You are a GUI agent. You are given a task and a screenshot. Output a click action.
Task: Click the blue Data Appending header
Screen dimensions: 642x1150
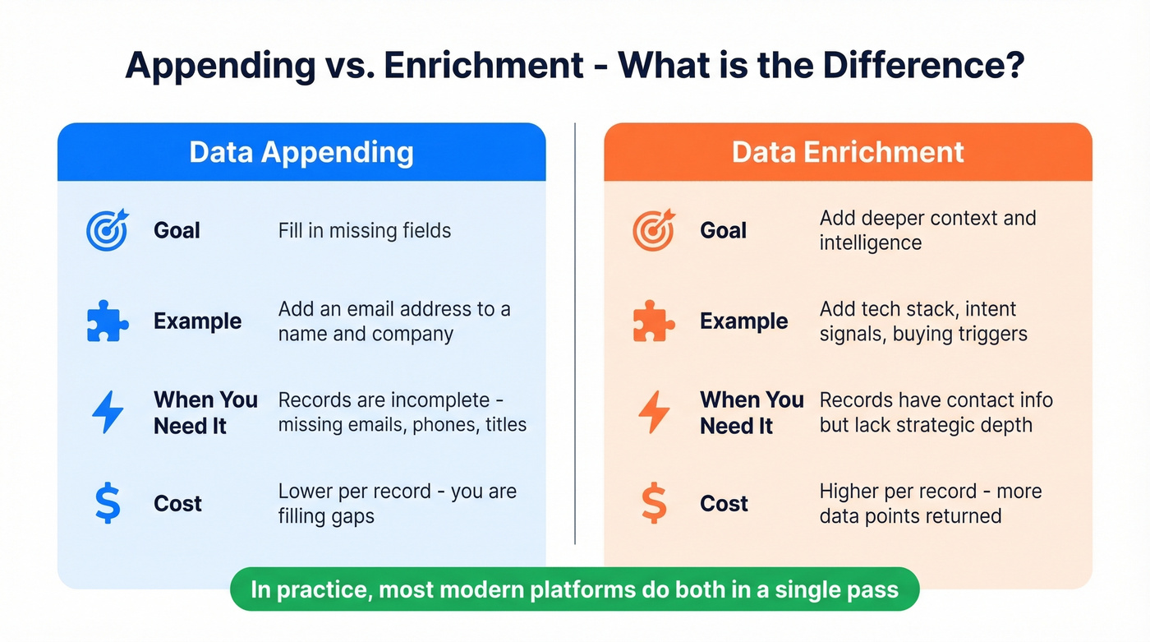[301, 152]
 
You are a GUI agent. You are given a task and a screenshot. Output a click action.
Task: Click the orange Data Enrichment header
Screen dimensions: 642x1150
[848, 152]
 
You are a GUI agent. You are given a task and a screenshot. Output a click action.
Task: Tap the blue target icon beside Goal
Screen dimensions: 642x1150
[108, 230]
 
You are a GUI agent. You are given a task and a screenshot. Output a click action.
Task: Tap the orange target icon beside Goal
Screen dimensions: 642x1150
[654, 230]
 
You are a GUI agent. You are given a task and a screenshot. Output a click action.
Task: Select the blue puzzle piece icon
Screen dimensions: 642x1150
[108, 321]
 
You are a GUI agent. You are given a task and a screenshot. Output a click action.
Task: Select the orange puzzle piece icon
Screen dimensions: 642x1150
[654, 321]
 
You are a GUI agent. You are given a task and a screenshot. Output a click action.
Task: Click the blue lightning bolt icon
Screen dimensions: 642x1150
[108, 413]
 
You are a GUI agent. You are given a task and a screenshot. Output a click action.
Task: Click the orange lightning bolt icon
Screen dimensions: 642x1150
[654, 413]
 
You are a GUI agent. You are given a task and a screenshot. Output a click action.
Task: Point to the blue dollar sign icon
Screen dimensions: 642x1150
[108, 504]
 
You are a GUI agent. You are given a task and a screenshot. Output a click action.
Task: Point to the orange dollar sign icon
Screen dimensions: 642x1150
[654, 504]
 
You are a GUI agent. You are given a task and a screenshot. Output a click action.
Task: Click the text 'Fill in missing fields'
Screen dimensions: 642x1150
[365, 231]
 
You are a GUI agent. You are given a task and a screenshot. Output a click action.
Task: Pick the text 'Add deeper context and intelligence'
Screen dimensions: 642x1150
[927, 230]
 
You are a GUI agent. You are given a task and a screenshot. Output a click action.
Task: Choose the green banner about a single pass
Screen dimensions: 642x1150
[574, 589]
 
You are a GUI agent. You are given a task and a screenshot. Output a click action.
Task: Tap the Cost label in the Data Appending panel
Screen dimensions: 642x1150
[177, 504]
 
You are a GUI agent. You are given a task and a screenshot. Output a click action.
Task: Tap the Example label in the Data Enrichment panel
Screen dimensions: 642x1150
[743, 321]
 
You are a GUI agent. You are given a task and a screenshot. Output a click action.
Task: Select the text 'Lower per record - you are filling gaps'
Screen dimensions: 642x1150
[397, 503]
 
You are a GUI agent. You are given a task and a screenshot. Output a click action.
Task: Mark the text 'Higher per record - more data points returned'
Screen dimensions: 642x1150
[930, 503]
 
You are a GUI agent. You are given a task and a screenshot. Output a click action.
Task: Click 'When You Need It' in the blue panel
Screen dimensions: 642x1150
[205, 413]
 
